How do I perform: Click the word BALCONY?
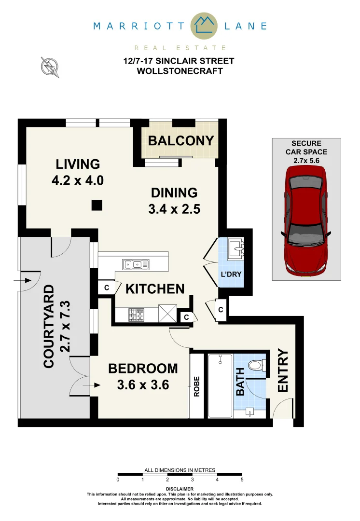click(180, 141)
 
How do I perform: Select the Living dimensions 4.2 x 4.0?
click(77, 180)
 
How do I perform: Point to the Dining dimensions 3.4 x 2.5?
click(175, 209)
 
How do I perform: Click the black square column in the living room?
click(97, 206)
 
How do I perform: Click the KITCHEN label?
click(155, 289)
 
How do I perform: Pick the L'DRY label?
click(230, 274)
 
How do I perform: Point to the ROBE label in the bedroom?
click(197, 386)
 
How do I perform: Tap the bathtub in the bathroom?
click(220, 386)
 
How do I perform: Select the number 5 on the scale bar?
click(242, 480)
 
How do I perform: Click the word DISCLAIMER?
click(180, 489)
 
